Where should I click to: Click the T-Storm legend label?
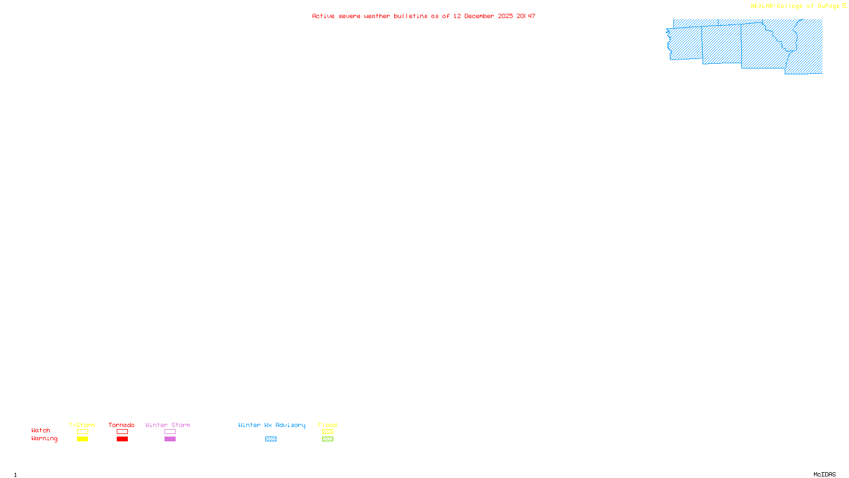pyautogui.click(x=82, y=425)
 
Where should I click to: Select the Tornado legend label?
pyautogui.click(x=122, y=425)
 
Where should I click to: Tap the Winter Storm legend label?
pyautogui.click(x=168, y=425)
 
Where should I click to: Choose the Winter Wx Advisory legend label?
pyautogui.click(x=272, y=425)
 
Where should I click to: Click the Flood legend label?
pyautogui.click(x=327, y=425)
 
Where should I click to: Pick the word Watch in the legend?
pyautogui.click(x=41, y=430)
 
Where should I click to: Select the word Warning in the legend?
pyautogui.click(x=45, y=439)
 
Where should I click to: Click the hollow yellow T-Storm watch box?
pyautogui.click(x=82, y=432)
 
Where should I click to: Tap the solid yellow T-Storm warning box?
pyautogui.click(x=82, y=439)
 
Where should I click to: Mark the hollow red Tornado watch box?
pyautogui.click(x=123, y=432)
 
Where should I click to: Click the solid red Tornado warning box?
pyautogui.click(x=123, y=439)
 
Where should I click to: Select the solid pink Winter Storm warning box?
pyautogui.click(x=170, y=439)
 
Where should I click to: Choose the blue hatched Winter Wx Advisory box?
pyautogui.click(x=271, y=439)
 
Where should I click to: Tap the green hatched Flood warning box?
pyautogui.click(x=327, y=439)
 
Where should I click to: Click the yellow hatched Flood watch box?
pyautogui.click(x=327, y=432)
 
